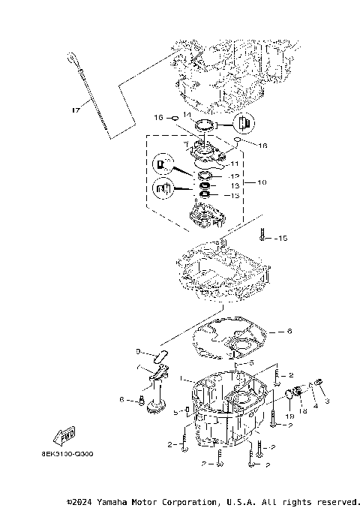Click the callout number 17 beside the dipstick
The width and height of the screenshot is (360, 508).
coord(75,111)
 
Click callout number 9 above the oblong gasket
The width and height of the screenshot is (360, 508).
coord(138,350)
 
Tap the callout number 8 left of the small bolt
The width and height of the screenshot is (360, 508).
coord(121,399)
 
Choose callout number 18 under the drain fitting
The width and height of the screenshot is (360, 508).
coord(303,411)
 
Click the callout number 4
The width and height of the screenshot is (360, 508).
coord(315,406)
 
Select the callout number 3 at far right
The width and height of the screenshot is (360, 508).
coord(327,401)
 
